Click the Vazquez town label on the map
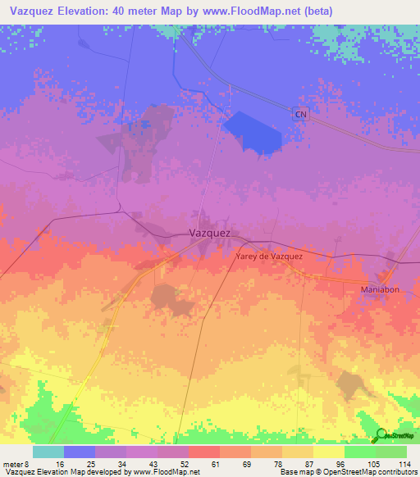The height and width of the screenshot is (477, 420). tap(209, 232)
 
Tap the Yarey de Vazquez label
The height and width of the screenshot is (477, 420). tap(269, 257)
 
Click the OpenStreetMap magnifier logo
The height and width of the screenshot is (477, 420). tap(381, 436)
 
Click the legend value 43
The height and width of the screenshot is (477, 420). tap(157, 463)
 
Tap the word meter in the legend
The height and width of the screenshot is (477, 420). tap(12, 463)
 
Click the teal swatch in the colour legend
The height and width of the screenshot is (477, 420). tap(48, 452)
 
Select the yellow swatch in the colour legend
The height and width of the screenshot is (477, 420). tap(329, 452)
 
